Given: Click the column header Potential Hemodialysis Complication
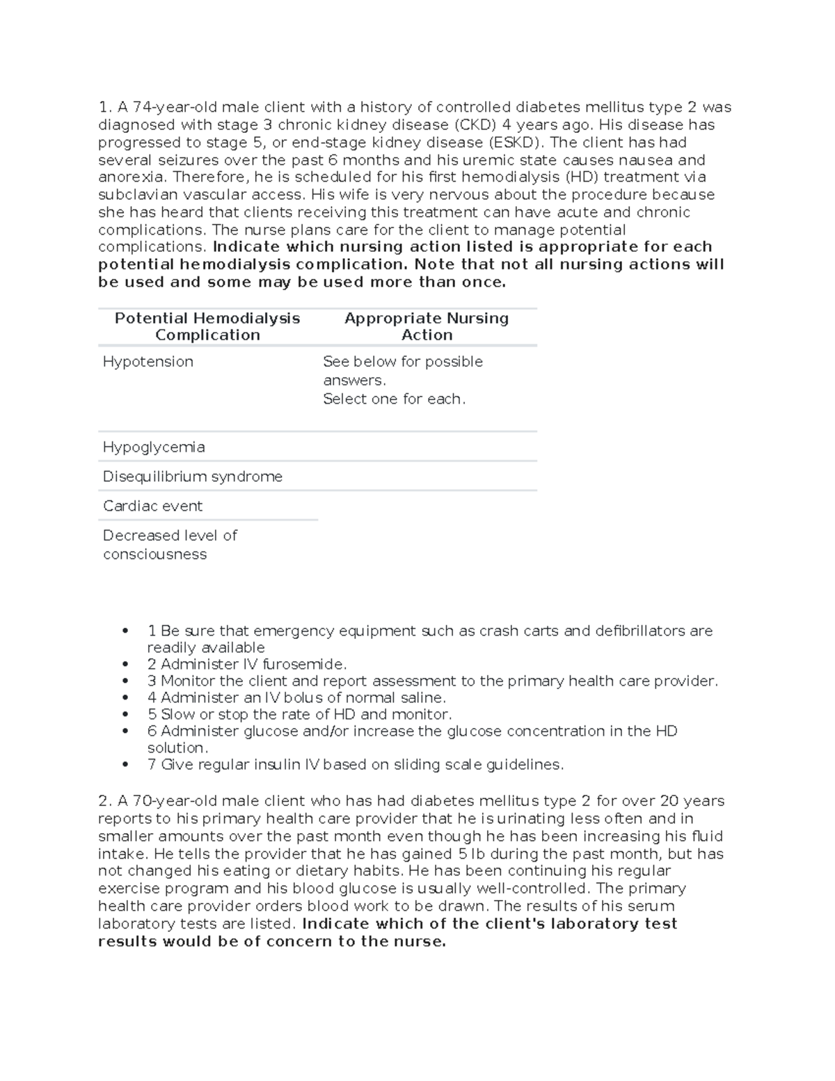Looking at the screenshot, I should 207,326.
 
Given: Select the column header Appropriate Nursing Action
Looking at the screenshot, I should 427,326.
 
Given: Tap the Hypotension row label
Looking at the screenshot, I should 148,362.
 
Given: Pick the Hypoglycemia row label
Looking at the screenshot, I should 154,447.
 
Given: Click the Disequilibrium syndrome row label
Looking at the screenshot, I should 193,477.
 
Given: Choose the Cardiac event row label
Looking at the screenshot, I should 152,506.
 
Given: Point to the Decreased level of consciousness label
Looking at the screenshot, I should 170,544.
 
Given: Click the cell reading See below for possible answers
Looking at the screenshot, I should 402,371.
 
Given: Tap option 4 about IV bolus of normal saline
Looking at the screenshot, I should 296,697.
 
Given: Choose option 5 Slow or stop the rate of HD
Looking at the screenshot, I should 299,714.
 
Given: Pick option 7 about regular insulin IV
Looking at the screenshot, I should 355,764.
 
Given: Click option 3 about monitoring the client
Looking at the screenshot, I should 432,681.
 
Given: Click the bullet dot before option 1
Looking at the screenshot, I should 125,631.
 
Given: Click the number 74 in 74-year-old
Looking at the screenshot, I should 141,107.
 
